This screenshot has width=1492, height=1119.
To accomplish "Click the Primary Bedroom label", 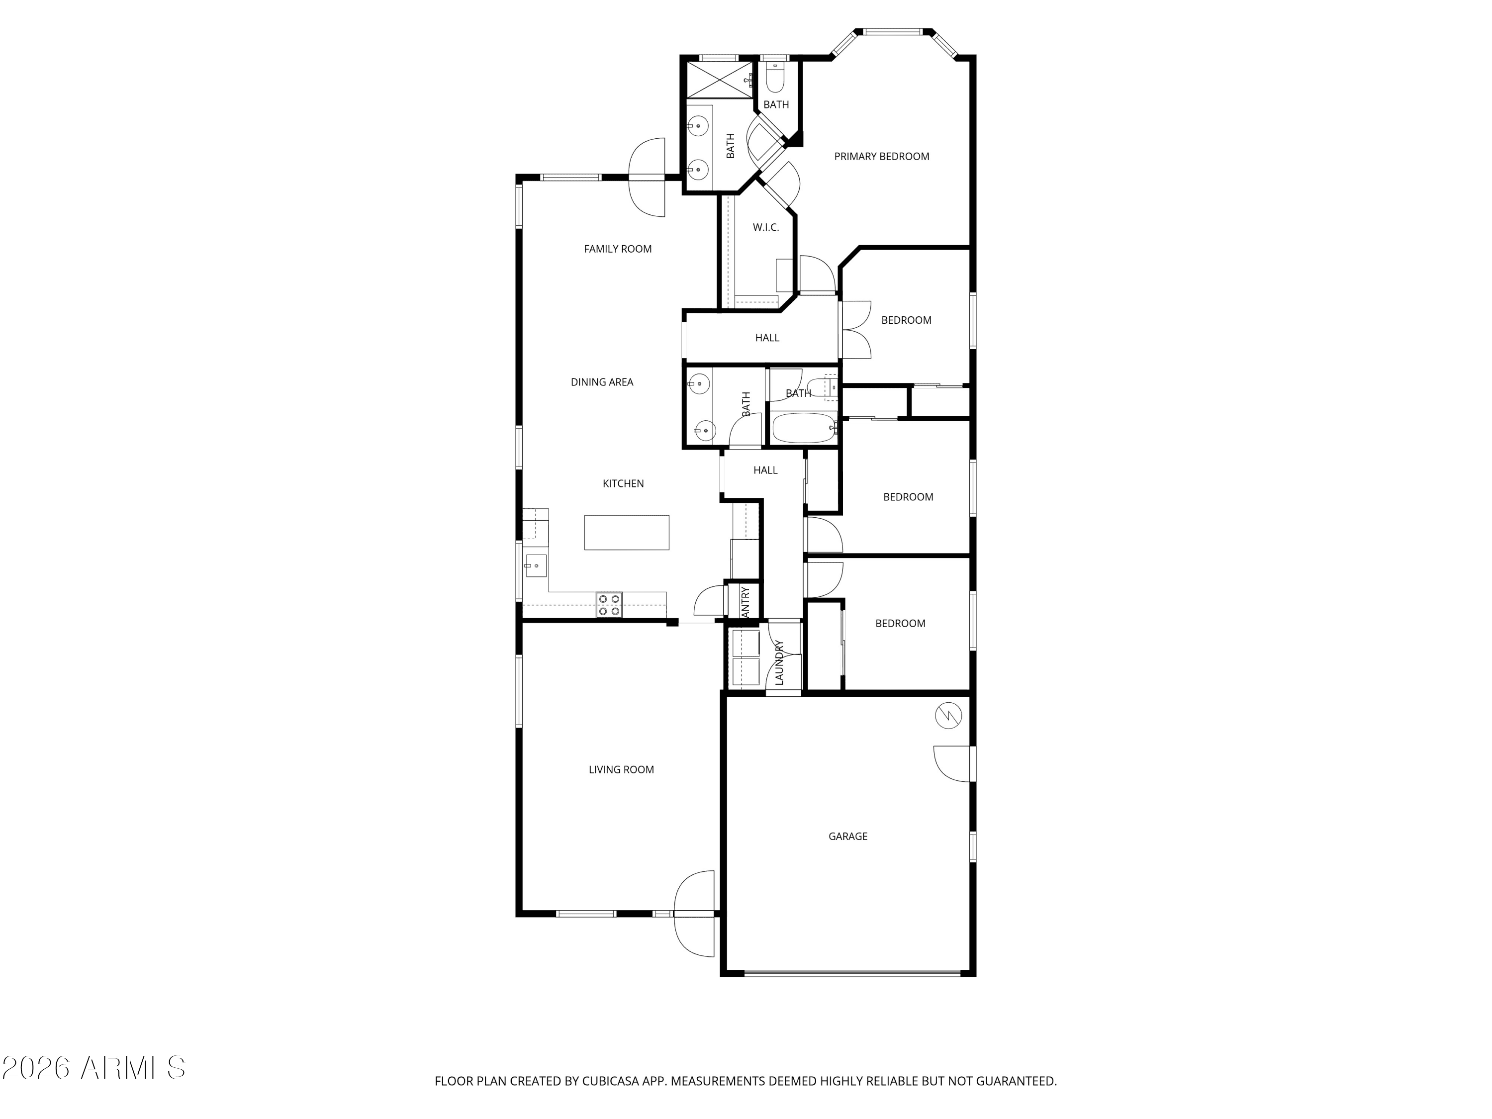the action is click(x=882, y=157).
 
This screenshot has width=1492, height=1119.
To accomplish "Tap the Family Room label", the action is click(x=618, y=249).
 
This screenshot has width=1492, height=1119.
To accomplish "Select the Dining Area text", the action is click(x=602, y=382).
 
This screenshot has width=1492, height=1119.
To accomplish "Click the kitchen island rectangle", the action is click(x=627, y=532).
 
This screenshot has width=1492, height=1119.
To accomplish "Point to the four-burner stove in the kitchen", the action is click(x=609, y=605).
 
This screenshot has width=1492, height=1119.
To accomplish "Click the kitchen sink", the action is click(x=536, y=565).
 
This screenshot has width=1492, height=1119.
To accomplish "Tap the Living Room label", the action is click(x=621, y=769).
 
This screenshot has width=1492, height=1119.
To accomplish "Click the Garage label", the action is click(x=848, y=837).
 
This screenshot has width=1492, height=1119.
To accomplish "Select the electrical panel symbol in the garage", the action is click(x=948, y=716).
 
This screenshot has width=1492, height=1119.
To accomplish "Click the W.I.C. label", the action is click(x=765, y=227).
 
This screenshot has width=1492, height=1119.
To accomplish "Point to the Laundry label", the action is click(x=779, y=663).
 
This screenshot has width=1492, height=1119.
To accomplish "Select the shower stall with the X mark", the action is click(x=720, y=80).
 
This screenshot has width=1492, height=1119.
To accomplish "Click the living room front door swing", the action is click(x=695, y=914).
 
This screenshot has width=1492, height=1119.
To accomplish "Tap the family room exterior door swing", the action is click(x=648, y=178).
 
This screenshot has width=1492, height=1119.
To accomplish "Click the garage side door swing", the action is click(x=952, y=763).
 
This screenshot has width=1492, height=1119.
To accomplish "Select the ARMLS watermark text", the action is click(x=94, y=1067).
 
